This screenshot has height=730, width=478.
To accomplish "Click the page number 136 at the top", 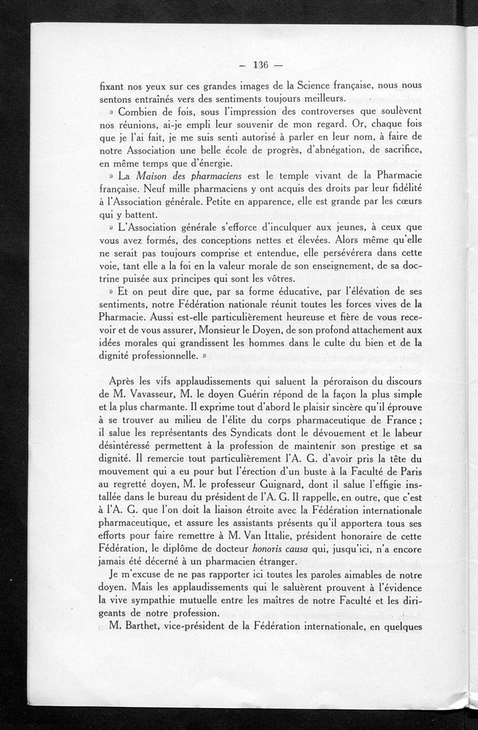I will [x=262, y=65].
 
